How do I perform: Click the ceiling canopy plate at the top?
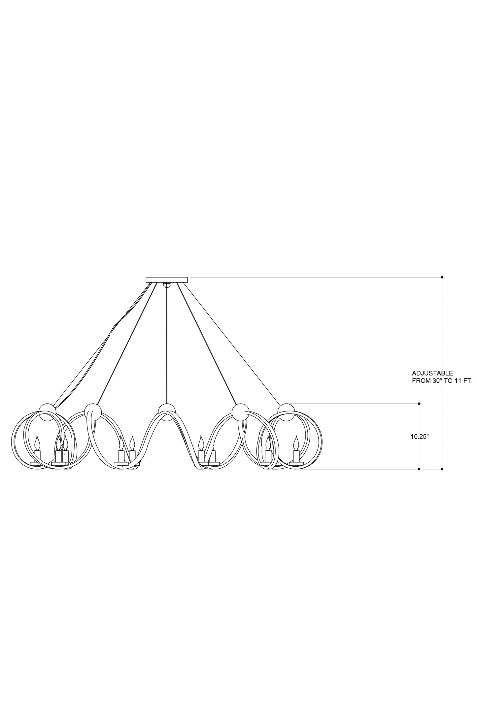[167, 279]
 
